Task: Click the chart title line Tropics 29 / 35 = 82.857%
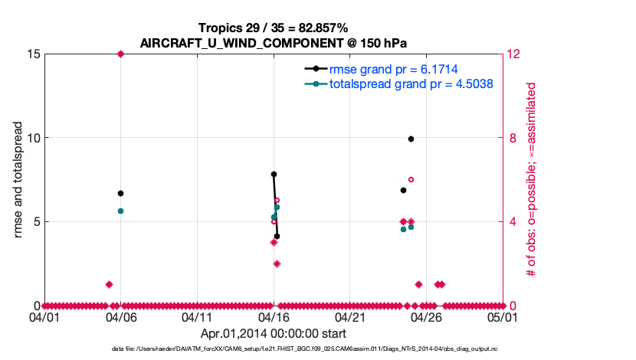click(274, 28)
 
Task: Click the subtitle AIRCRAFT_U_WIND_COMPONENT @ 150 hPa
click(274, 43)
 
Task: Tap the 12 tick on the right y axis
click(516, 54)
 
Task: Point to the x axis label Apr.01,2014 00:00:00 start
click(274, 333)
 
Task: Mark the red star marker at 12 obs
click(120, 54)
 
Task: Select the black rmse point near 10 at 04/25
click(411, 139)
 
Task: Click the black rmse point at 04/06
click(120, 193)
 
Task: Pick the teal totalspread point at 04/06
click(120, 211)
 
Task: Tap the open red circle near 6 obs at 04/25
click(411, 179)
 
